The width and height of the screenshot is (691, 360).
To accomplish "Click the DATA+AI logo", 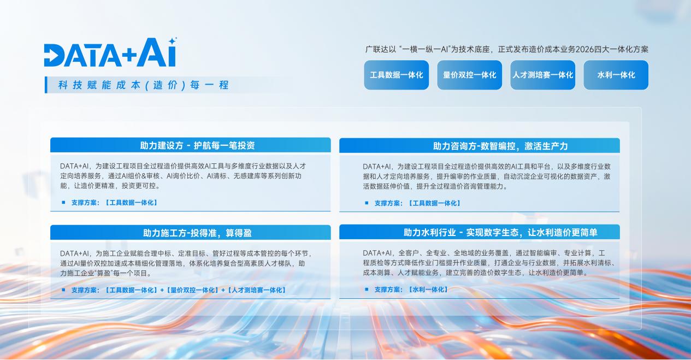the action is click(x=110, y=52).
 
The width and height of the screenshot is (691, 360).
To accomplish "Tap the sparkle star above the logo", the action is click(x=173, y=41).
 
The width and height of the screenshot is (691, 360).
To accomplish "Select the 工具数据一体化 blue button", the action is click(x=397, y=75).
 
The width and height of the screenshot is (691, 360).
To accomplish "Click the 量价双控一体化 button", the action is click(x=470, y=75).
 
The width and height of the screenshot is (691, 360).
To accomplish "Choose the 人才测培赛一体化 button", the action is click(x=542, y=75).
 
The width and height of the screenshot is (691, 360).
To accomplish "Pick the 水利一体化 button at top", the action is click(x=616, y=75).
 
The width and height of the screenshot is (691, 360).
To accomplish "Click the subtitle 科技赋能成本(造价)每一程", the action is click(x=144, y=85).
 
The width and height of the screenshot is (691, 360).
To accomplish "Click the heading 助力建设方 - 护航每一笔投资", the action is click(x=197, y=145).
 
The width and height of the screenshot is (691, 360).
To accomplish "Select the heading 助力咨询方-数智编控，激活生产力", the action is click(x=500, y=146).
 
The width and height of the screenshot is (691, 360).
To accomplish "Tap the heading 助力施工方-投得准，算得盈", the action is click(x=197, y=233).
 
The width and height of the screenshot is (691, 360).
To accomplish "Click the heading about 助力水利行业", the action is click(x=500, y=232).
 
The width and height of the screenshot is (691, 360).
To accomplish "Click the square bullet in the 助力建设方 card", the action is click(x=63, y=202).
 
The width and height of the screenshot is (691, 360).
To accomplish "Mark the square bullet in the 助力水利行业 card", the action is click(x=367, y=290).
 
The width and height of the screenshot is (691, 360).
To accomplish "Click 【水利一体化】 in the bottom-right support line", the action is click(x=428, y=290).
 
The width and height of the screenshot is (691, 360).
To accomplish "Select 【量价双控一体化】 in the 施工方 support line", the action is click(x=192, y=290).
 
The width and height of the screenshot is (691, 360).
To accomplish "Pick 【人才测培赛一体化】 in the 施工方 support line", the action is click(x=257, y=290).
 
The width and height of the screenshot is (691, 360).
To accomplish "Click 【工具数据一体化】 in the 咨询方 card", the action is click(x=434, y=203).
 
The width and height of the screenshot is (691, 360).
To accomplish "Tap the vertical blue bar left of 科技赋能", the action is click(x=46, y=85).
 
